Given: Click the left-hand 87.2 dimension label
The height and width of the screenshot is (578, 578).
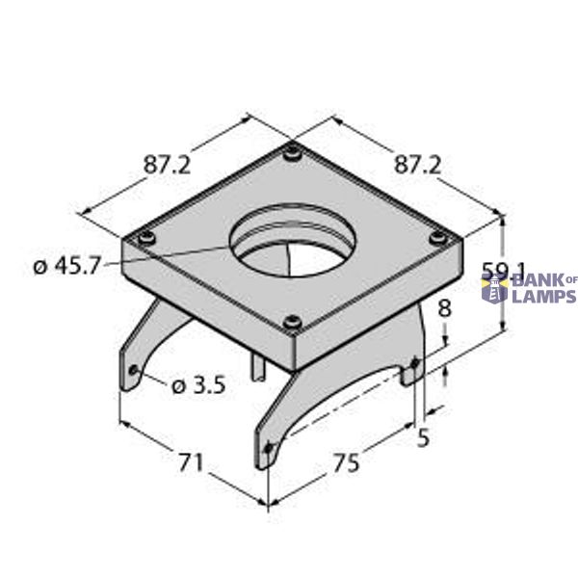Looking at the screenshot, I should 167,165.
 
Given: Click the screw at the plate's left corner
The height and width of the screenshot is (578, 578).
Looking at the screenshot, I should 145,237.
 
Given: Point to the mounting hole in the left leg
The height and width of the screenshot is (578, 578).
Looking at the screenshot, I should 134,371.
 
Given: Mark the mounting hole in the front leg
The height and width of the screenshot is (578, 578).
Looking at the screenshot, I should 269,446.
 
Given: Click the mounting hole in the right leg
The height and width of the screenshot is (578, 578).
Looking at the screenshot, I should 415,363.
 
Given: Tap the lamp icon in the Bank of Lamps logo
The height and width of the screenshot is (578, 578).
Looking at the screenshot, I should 494,287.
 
